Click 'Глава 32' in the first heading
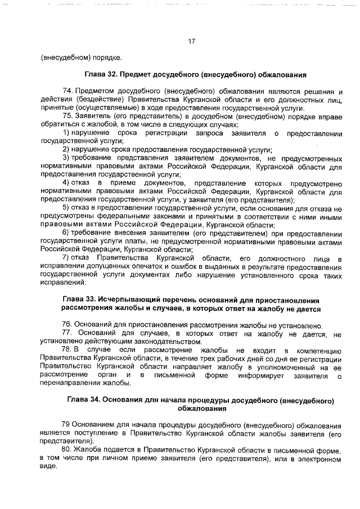[x=101, y=74]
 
